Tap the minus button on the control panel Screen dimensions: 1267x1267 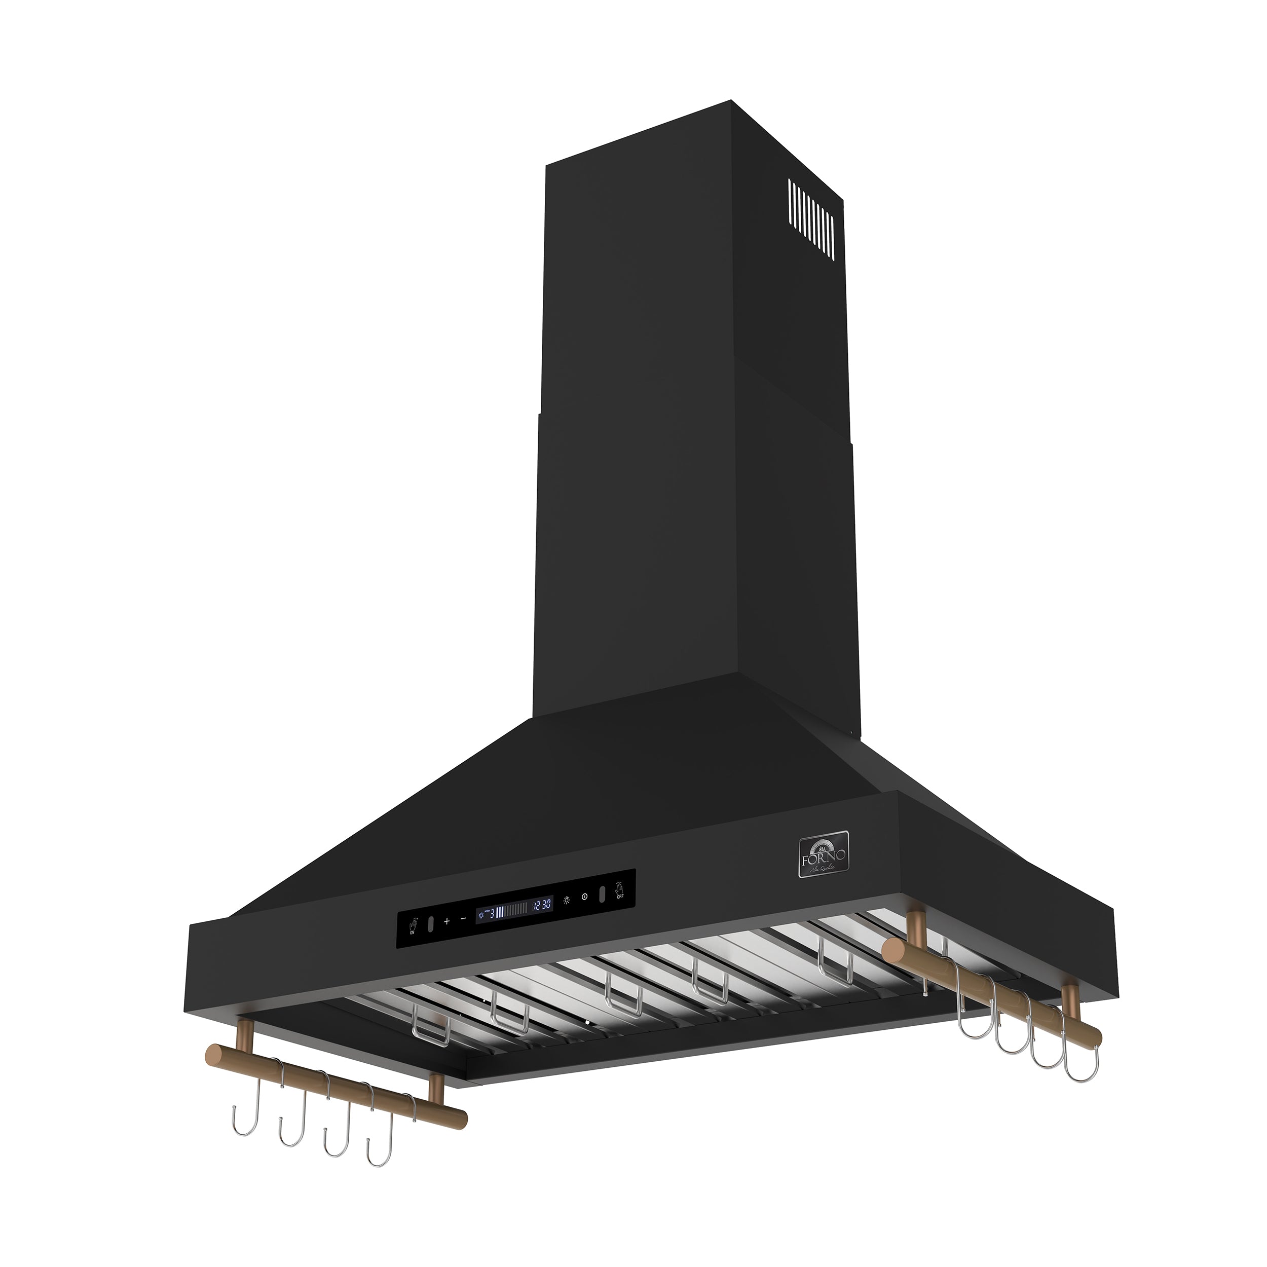(464, 918)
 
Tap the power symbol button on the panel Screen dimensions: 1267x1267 (584, 897)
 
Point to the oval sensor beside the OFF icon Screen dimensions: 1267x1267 (602, 895)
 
